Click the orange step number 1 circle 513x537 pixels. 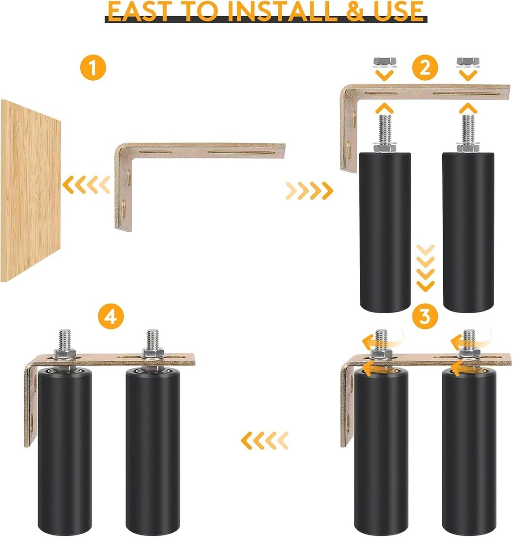(x=92, y=69)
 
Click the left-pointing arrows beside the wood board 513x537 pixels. (x=87, y=184)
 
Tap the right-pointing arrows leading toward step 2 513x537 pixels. (x=309, y=190)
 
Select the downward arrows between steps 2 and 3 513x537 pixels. (x=425, y=267)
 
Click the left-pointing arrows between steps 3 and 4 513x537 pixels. (x=264, y=441)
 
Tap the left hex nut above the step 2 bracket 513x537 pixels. (x=384, y=62)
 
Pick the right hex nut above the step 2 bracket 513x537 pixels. (x=467, y=62)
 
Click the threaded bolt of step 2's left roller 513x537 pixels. (x=384, y=128)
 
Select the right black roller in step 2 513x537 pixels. (x=468, y=231)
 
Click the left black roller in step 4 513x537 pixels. (x=65, y=451)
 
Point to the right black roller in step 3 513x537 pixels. (x=468, y=451)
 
